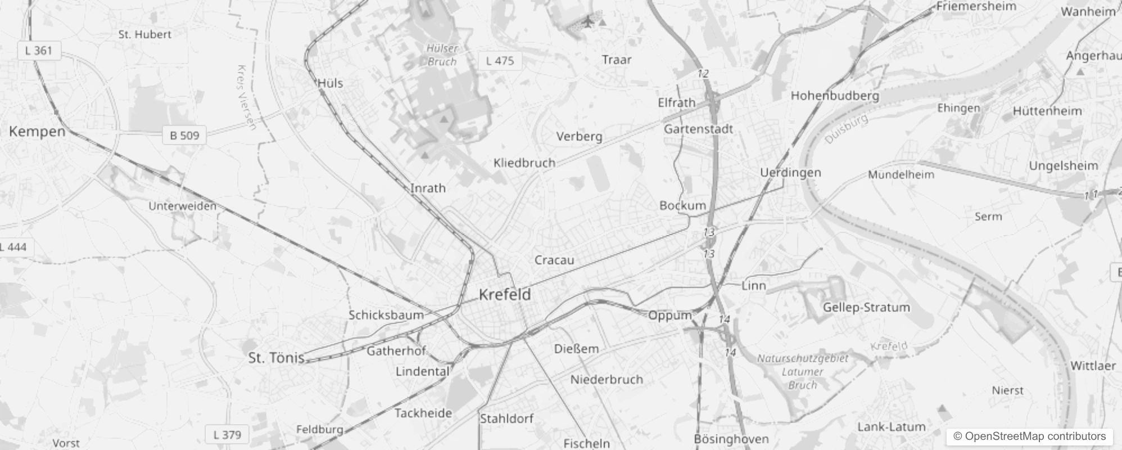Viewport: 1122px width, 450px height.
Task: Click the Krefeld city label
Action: tap(504, 294)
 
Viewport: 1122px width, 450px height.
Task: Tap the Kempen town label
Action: tap(37, 132)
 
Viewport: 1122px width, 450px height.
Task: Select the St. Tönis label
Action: tap(276, 358)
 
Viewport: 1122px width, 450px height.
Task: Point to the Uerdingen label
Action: tap(790, 173)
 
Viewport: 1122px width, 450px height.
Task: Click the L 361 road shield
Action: tap(38, 51)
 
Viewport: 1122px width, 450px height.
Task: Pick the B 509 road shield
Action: tap(184, 136)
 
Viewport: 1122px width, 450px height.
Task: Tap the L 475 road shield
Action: tap(500, 61)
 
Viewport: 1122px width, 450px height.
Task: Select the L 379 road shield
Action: tap(227, 435)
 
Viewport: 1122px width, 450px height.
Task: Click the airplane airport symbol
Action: tap(588, 22)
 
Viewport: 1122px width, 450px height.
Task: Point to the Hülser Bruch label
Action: tap(442, 55)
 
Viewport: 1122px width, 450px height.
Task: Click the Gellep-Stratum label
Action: tap(866, 308)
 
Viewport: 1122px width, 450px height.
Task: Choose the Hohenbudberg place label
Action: tap(835, 96)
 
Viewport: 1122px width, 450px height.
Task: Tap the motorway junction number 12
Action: tap(703, 74)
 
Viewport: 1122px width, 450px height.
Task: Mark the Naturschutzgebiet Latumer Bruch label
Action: tap(802, 371)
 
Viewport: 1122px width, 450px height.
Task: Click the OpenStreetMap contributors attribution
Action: tap(1029, 436)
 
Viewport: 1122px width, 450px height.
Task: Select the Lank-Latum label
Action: tap(891, 427)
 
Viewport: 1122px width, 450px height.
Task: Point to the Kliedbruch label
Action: tap(524, 163)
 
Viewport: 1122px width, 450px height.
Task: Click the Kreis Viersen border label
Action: tap(247, 97)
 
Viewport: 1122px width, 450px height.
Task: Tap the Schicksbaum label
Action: tap(386, 315)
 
